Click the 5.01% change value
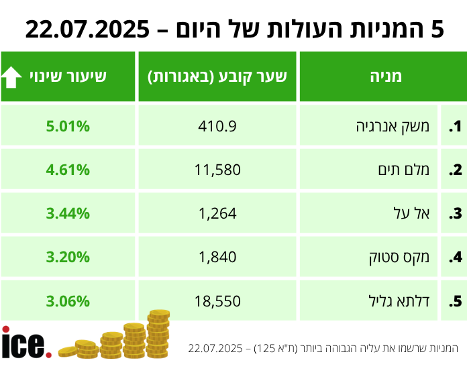coord(68,125)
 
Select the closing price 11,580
coord(217,170)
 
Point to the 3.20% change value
coord(68,257)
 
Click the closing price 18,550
coord(217,301)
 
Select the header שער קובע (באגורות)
coord(217,76)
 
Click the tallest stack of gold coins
coord(158,334)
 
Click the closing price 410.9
coord(217,125)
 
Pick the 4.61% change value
coord(68,170)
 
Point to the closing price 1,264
coord(217,214)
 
